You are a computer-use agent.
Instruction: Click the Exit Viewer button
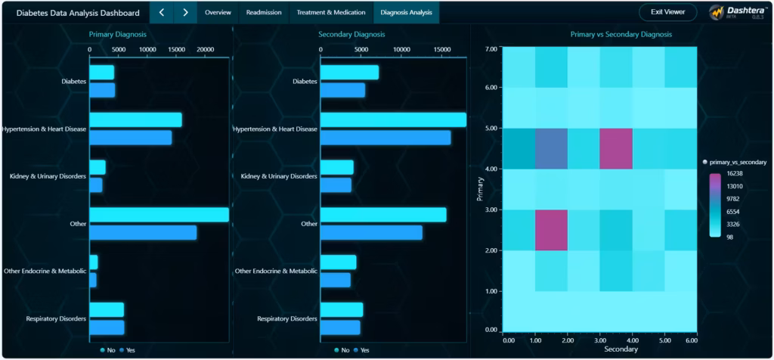coord(667,13)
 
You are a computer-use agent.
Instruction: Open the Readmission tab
coord(264,13)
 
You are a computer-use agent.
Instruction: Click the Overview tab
coord(218,13)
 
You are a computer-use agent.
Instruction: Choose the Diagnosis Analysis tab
coord(406,13)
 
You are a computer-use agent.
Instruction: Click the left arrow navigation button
coord(162,13)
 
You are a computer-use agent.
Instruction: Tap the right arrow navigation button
coord(185,13)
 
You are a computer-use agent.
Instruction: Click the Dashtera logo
coord(737,13)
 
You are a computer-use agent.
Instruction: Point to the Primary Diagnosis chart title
coord(118,35)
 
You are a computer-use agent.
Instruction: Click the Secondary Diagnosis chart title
coord(351,35)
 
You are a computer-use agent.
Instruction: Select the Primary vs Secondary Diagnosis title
coord(621,35)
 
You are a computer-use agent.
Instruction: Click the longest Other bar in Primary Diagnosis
coord(159,215)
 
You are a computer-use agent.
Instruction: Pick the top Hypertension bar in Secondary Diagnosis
coord(393,119)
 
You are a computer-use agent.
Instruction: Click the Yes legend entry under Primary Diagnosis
coord(128,350)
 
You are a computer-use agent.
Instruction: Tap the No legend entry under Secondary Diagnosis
coord(341,350)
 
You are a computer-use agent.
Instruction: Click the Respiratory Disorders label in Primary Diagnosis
coord(55,318)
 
